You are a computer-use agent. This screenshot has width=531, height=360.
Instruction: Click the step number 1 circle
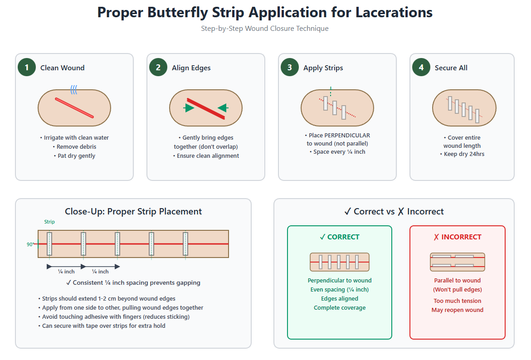(x=27, y=68)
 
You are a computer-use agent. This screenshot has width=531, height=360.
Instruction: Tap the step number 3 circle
(x=290, y=68)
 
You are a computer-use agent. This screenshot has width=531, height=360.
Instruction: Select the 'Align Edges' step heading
(x=191, y=68)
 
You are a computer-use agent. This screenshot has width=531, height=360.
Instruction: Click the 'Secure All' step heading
(x=451, y=68)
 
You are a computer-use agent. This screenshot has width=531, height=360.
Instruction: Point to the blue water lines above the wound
(x=73, y=90)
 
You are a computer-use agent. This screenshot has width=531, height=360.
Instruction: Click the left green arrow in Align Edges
(x=189, y=108)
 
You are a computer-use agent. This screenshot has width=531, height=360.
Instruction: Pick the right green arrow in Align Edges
(x=222, y=107)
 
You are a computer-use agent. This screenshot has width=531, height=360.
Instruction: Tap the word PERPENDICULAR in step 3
(x=347, y=136)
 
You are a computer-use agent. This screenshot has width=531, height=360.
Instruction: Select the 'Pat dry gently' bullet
(x=74, y=156)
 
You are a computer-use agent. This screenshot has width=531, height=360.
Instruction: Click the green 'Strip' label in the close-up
(x=49, y=222)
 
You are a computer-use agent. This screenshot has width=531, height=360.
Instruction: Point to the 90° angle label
(x=30, y=244)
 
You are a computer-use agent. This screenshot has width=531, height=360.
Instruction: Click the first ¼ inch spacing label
(x=66, y=272)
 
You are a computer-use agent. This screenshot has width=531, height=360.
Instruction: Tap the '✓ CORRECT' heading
(x=339, y=237)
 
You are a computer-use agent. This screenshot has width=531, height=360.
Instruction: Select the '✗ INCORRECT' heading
(x=457, y=237)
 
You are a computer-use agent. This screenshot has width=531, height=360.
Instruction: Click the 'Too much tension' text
(x=457, y=301)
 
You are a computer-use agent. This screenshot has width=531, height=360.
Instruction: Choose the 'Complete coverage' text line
(x=339, y=308)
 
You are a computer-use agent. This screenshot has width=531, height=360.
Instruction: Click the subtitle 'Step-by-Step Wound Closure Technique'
(x=265, y=29)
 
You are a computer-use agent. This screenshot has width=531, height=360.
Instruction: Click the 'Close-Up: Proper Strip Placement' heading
(x=133, y=212)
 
